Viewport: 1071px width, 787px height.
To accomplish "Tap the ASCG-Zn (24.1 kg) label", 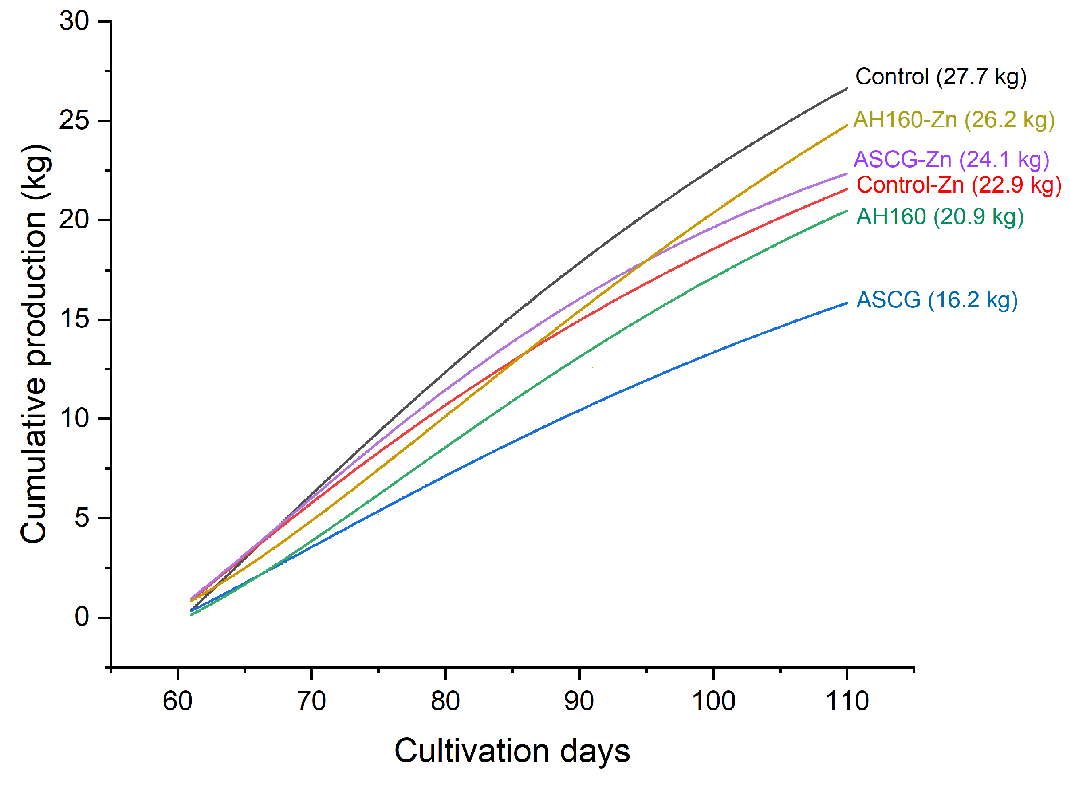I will coord(950,159).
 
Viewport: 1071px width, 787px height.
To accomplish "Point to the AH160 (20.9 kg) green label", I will coord(939,217).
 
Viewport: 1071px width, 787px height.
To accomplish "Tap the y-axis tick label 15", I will coord(75,319).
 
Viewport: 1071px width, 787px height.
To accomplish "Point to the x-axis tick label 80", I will coord(445,701).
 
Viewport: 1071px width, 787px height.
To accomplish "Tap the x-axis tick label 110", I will coord(846,701).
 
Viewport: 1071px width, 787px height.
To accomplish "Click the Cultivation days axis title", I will coord(512,751).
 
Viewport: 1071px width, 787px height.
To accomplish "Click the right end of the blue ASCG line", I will coord(846,303).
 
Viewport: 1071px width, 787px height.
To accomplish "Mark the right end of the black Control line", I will coord(846,89).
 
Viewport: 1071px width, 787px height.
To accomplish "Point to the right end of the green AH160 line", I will coord(846,211).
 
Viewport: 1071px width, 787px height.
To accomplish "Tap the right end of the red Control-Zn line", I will coord(846,189).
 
